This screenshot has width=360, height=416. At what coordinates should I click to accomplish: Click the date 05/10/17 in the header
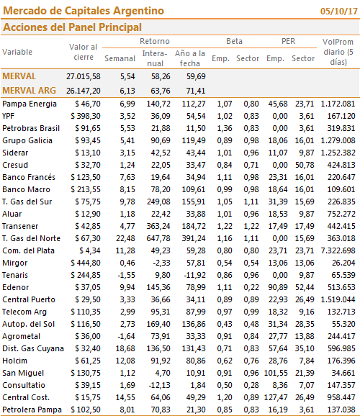pyautogui.click(x=339, y=11)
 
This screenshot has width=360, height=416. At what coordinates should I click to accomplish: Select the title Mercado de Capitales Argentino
pyautogui.click(x=84, y=11)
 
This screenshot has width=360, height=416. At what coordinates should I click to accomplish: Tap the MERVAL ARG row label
pyautogui.click(x=29, y=91)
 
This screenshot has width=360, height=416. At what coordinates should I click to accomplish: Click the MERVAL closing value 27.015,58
pyautogui.click(x=84, y=76)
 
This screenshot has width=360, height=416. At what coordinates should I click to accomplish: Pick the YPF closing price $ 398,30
pyautogui.click(x=86, y=116)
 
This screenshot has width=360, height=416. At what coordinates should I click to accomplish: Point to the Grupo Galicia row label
pyautogui.click(x=27, y=140)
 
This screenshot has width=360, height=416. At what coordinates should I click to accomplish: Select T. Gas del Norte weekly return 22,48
pyautogui.click(x=125, y=238)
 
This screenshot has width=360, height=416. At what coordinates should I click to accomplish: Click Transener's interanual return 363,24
pyautogui.click(x=158, y=226)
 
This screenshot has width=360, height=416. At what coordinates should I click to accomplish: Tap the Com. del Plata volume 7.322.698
pyautogui.click(x=338, y=250)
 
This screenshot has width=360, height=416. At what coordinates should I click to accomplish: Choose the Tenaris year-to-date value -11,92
pyautogui.click(x=194, y=275)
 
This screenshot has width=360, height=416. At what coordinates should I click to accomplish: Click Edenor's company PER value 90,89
pyautogui.click(x=278, y=287)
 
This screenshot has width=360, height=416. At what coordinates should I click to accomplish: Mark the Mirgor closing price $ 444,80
pyautogui.click(x=86, y=263)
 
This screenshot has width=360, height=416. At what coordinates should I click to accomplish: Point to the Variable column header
pyautogui.click(x=17, y=52)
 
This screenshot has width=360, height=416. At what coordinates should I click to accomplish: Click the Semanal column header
pyautogui.click(x=120, y=58)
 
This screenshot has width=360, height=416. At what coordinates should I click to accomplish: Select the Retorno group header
pyautogui.click(x=155, y=41)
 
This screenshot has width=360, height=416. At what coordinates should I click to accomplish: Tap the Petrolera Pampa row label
pyautogui.click(x=32, y=410)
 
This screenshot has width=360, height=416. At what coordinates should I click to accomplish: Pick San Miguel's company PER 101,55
pyautogui.click(x=276, y=373)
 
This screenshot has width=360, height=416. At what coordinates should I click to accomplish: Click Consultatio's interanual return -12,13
pyautogui.click(x=159, y=385)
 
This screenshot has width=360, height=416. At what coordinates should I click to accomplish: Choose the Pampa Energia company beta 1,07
pyautogui.click(x=225, y=104)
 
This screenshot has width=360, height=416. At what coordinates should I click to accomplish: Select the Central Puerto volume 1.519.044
pyautogui.click(x=338, y=299)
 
